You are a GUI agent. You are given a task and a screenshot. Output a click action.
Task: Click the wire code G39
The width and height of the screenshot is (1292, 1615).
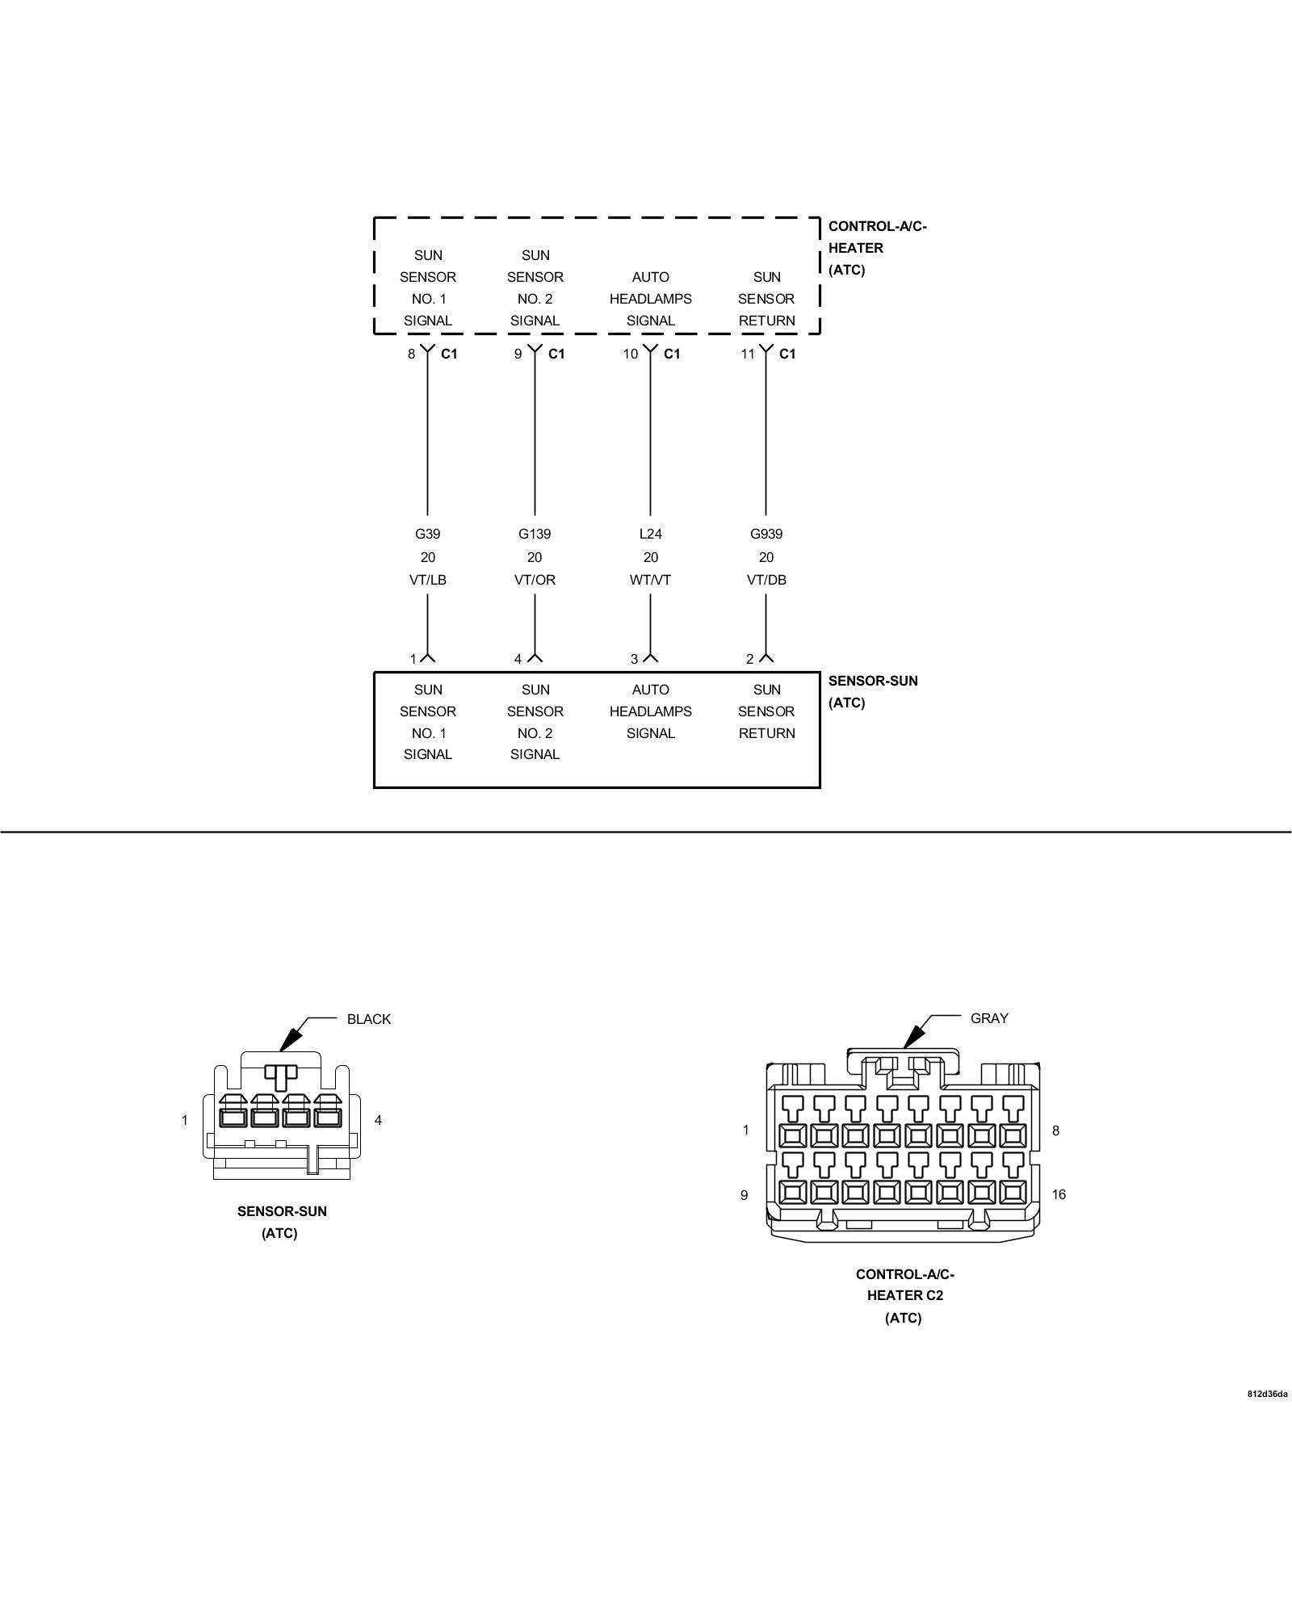click(427, 534)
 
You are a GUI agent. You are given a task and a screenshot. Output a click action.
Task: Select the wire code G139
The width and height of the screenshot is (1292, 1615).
click(535, 534)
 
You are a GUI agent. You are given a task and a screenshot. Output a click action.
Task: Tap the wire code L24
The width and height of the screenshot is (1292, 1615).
click(650, 534)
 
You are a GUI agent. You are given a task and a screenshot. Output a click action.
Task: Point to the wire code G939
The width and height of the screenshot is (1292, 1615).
click(766, 534)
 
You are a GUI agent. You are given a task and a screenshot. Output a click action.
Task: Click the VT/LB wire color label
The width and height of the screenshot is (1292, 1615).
click(427, 580)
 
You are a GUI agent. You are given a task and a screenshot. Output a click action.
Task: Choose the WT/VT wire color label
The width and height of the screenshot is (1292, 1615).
click(650, 580)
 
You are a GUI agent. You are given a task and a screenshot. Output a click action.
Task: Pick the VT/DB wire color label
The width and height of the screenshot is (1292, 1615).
click(766, 580)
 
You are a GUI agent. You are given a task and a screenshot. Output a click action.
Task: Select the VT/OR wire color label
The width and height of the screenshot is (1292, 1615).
click(535, 580)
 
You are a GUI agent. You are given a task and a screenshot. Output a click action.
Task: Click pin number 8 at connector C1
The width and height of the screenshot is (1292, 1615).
click(411, 354)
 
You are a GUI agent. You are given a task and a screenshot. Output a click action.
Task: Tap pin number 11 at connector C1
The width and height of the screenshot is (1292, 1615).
click(748, 354)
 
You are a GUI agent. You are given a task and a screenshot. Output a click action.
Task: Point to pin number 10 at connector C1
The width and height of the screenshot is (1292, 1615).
click(630, 354)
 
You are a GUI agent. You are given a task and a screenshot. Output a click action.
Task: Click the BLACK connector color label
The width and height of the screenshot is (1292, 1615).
click(368, 1019)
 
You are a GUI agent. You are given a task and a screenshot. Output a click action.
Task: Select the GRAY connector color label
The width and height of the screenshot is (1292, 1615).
click(989, 1018)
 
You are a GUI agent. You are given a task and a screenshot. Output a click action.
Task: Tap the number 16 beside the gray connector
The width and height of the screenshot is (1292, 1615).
click(1058, 1195)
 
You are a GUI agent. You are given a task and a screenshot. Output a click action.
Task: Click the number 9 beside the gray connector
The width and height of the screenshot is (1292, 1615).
click(744, 1195)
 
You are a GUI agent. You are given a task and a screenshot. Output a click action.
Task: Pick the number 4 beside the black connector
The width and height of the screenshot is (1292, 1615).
click(378, 1120)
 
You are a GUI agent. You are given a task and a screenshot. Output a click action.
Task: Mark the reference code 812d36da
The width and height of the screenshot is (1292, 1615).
click(1267, 1394)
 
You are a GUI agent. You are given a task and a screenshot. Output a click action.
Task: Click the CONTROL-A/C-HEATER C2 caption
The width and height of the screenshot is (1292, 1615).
click(904, 1296)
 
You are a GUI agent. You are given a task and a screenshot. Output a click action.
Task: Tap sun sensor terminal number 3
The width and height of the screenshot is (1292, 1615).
click(634, 659)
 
